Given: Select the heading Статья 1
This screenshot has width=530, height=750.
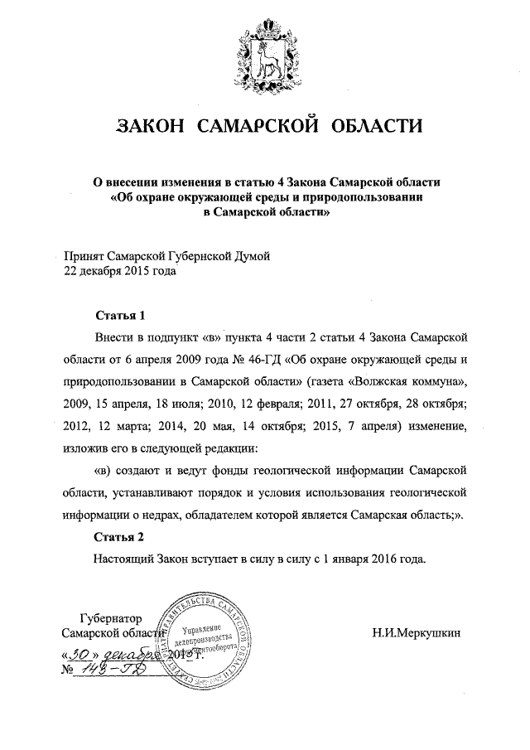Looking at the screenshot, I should click(120, 316).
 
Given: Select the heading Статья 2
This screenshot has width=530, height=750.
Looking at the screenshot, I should click(120, 535).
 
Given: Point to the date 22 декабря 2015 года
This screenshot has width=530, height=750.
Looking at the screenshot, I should click(120, 270).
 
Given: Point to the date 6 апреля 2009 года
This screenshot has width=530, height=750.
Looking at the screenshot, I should click(168, 361).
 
